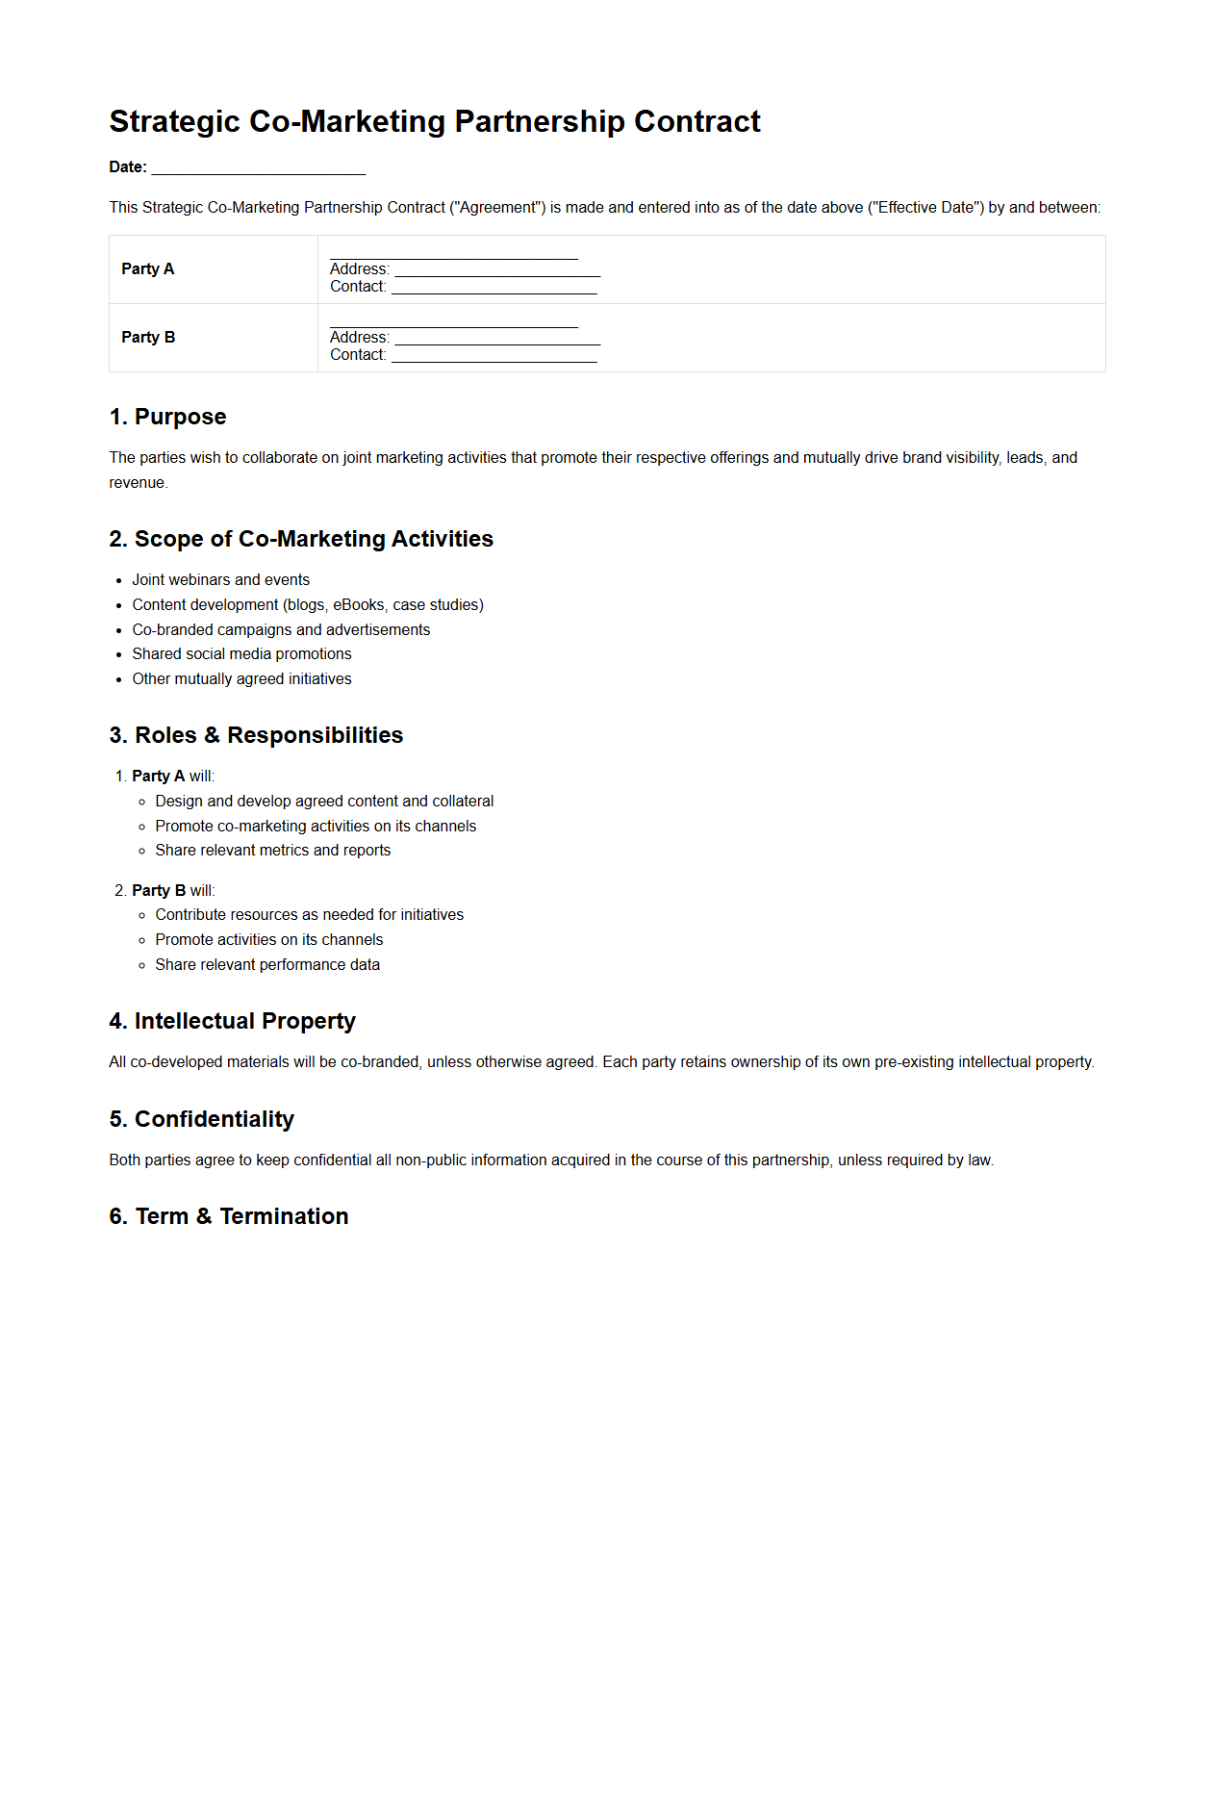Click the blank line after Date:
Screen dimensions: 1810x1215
259,168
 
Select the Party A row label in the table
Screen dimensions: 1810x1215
148,269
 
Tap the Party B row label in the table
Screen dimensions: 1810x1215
148,338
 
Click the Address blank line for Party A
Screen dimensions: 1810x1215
497,271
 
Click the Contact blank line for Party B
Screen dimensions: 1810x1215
494,356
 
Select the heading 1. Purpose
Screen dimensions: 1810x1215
168,418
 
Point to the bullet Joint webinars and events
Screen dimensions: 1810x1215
220,580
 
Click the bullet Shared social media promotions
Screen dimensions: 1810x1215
241,654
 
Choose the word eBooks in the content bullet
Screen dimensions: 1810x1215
359,605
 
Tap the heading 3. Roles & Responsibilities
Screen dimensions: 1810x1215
256,736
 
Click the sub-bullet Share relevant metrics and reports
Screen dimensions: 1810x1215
272,851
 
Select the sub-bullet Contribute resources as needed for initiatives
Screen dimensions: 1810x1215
309,915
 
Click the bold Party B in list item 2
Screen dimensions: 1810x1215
159,891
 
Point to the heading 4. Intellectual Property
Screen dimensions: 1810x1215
232,1022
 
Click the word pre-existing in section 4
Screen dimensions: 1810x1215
914,1062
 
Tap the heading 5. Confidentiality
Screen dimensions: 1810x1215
201,1120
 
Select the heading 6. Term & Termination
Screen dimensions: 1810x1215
228,1217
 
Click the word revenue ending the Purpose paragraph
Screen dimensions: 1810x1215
137,483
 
